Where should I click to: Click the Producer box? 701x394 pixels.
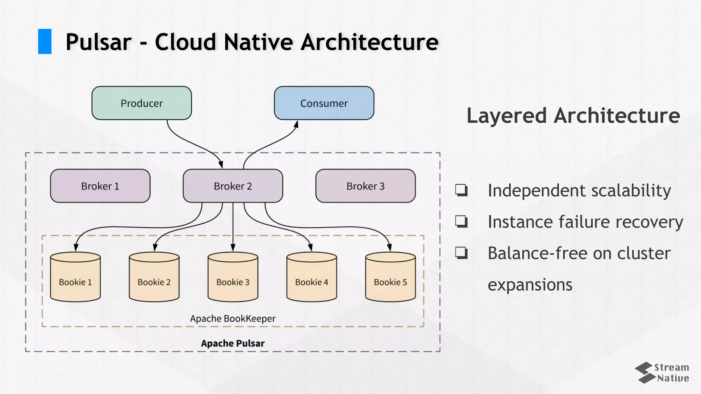pyautogui.click(x=141, y=103)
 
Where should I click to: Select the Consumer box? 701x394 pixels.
pyautogui.click(x=324, y=103)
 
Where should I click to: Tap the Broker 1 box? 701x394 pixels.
pyautogui.click(x=100, y=186)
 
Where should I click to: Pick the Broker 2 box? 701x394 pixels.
pyautogui.click(x=233, y=186)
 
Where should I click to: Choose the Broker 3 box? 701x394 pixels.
pyautogui.click(x=365, y=186)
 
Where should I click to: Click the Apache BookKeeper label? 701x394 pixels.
pyautogui.click(x=233, y=318)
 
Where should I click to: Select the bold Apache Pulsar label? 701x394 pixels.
pyautogui.click(x=233, y=343)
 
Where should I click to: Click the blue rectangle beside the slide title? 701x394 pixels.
pyautogui.click(x=44, y=41)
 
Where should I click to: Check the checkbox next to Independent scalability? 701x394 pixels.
pyautogui.click(x=461, y=190)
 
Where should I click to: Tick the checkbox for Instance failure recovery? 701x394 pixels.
pyautogui.click(x=461, y=221)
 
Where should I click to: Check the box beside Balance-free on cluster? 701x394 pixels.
pyautogui.click(x=461, y=253)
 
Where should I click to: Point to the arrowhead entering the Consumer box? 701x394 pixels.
pyautogui.click(x=296, y=124)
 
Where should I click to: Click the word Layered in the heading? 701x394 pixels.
pyautogui.click(x=507, y=115)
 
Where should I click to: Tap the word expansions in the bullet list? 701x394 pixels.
pyautogui.click(x=530, y=285)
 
